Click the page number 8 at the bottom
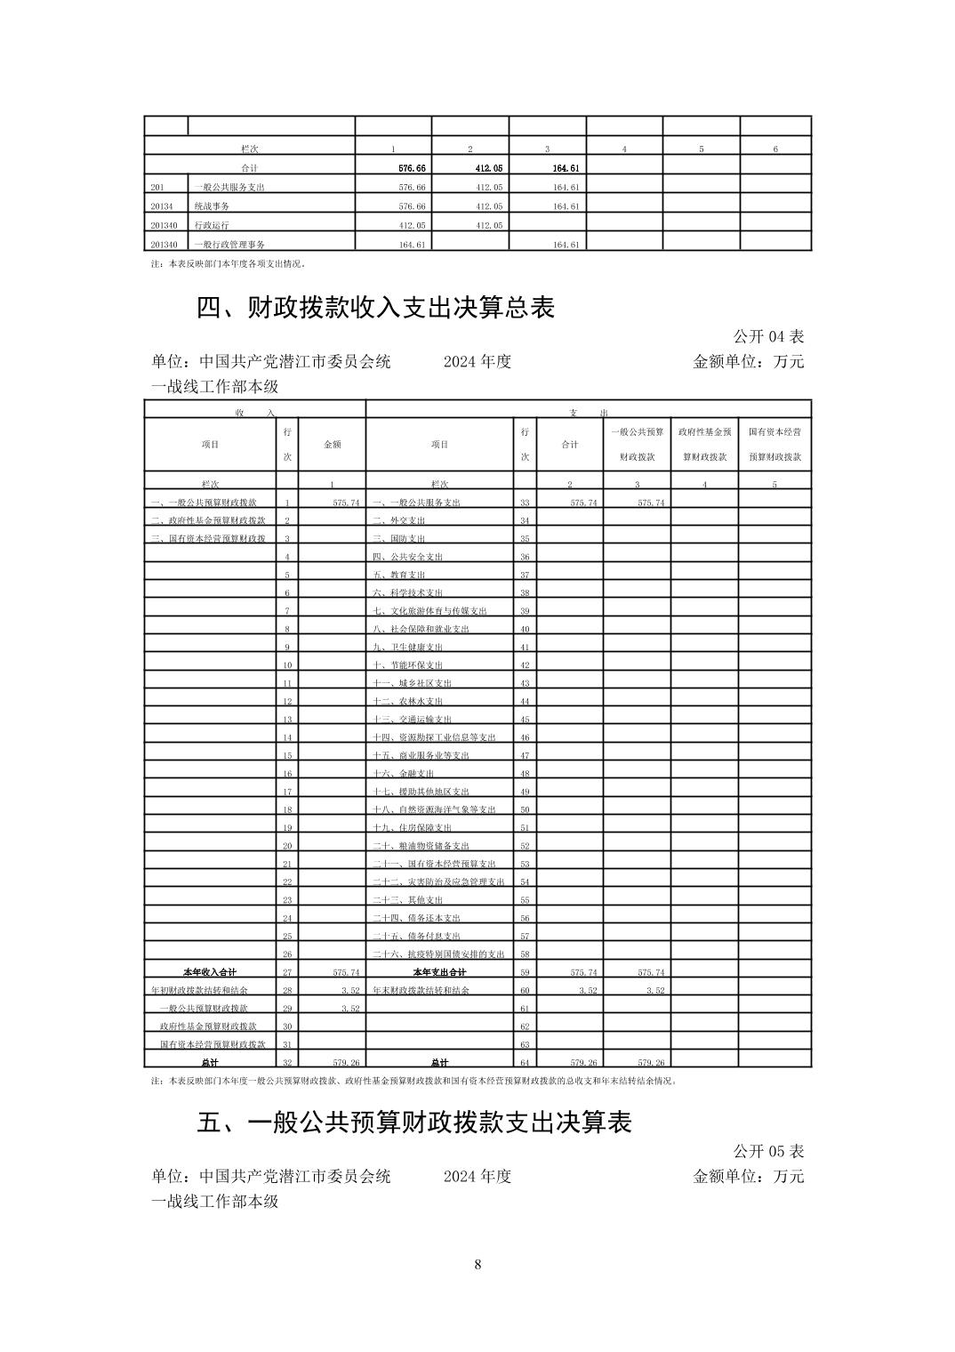pyautogui.click(x=477, y=1264)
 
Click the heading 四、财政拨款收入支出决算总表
pyautogui.click(x=375, y=308)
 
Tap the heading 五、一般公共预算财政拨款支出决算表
pyautogui.click(x=413, y=1123)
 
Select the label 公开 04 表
pyautogui.click(x=768, y=336)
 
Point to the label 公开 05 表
pyautogui.click(x=768, y=1151)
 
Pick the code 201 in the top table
pyautogui.click(x=158, y=188)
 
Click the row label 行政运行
pyautogui.click(x=212, y=226)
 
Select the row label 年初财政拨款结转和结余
pyautogui.click(x=200, y=990)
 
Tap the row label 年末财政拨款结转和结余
pyautogui.click(x=421, y=990)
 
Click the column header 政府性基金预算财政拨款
pyautogui.click(x=704, y=444)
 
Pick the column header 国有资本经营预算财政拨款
pyautogui.click(x=774, y=444)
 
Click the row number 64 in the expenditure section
pyautogui.click(x=525, y=1063)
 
